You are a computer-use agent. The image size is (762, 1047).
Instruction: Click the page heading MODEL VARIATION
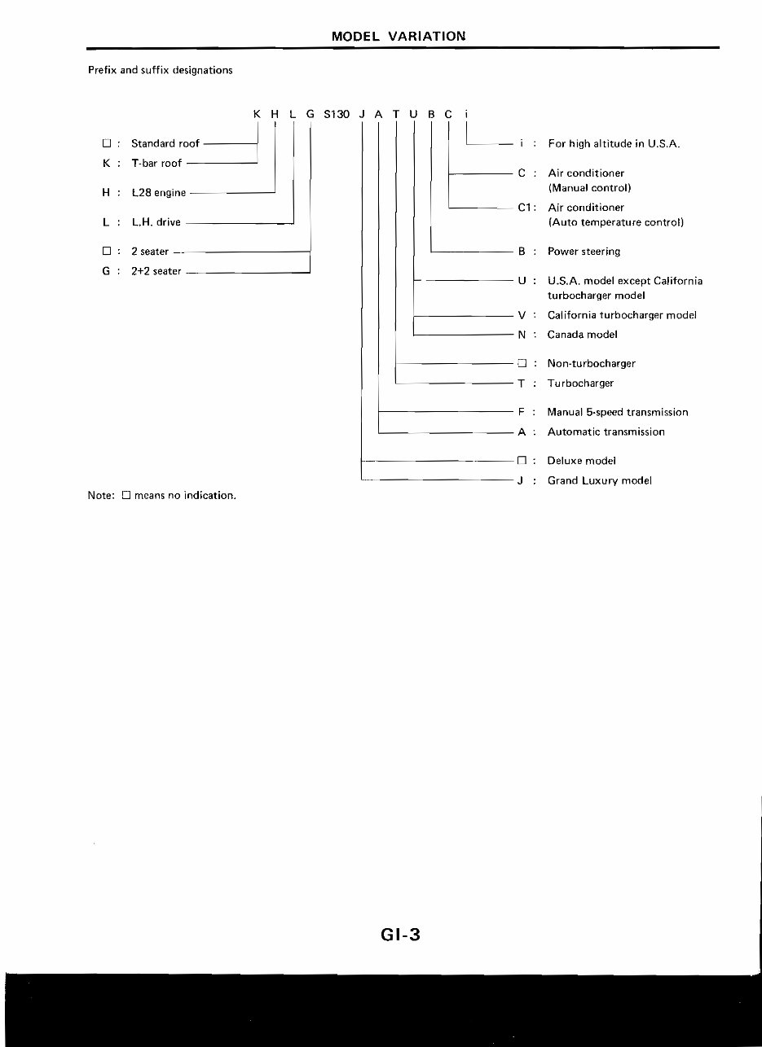399,36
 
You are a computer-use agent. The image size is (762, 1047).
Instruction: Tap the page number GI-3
399,934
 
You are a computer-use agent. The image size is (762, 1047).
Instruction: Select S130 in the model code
337,114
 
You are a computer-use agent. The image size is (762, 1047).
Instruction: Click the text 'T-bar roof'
156,164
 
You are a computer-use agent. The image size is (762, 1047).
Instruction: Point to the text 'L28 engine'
159,193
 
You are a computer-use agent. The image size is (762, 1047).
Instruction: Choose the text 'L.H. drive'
156,222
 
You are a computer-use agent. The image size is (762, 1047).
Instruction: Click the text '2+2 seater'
156,271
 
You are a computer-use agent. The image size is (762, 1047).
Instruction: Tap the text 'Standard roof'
165,143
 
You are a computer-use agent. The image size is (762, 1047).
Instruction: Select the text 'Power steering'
584,252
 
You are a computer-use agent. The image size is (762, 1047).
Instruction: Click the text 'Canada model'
582,335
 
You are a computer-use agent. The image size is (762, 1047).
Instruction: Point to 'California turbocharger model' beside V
622,315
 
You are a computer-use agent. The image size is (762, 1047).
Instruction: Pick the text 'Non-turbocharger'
591,364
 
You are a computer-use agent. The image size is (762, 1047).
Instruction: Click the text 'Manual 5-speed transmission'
617,413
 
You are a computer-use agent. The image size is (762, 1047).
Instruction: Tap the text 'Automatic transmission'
606,432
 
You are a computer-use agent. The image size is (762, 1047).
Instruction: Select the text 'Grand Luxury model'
599,481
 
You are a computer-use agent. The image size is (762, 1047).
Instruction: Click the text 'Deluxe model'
581,461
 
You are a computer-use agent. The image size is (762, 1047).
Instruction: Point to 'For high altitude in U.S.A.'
614,144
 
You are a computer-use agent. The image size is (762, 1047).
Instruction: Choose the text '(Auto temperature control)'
615,222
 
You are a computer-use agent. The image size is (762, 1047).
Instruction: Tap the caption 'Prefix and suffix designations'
160,70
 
